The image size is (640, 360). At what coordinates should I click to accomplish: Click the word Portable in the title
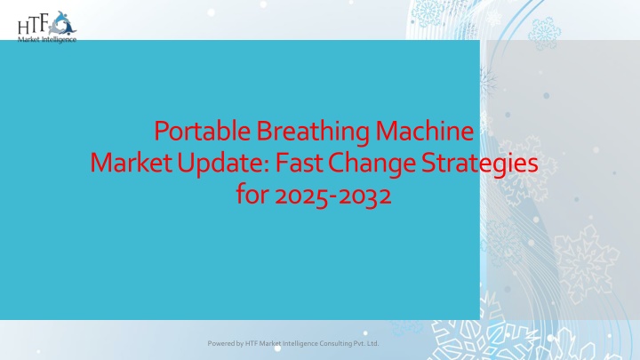pos(202,131)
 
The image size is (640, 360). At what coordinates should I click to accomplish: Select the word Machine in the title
pos(425,131)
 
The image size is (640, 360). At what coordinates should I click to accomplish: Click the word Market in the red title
pos(131,163)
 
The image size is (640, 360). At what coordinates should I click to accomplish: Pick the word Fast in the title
pos(299,163)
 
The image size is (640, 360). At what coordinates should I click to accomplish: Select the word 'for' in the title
pos(252,195)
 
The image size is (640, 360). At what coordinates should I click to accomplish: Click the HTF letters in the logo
pos(34,25)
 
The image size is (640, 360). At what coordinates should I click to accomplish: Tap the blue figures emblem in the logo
pos(63,24)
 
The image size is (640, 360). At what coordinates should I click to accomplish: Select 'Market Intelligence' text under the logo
pos(47,39)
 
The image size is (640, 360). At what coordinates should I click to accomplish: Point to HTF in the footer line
pos(251,343)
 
